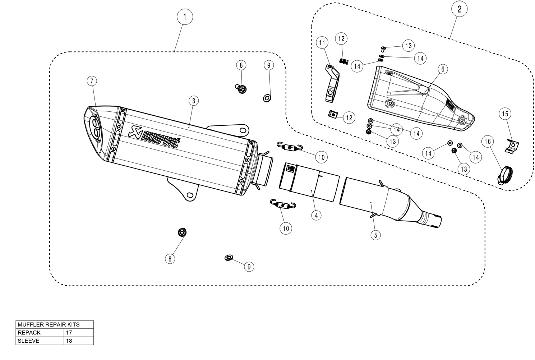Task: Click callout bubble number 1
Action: coord(185,17)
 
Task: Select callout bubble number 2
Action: coord(459,9)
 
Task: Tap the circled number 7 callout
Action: coord(92,81)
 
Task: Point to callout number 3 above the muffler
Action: coord(194,101)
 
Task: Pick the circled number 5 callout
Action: coord(376,235)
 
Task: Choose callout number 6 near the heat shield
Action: coord(443,69)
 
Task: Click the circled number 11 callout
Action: coord(322,42)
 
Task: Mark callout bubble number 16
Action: coord(488,142)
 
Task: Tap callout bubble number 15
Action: coord(505,114)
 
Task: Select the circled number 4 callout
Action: coord(317,215)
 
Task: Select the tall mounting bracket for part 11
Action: coord(332,84)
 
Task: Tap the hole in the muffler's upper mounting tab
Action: coord(243,130)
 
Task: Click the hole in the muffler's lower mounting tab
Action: coord(190,195)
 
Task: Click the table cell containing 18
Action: coord(79,341)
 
